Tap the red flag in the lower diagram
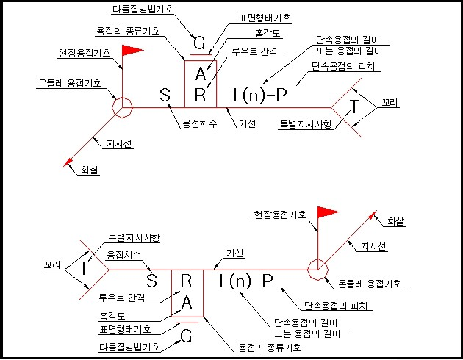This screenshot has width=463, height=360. (x=326, y=213)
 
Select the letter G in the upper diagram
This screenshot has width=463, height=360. (x=198, y=43)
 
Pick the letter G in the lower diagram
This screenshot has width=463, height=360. (x=186, y=337)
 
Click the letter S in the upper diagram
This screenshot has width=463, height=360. (x=165, y=95)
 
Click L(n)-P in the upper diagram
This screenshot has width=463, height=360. (x=260, y=95)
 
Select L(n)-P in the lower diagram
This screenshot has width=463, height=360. (x=246, y=281)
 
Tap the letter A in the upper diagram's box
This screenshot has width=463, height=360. (x=201, y=74)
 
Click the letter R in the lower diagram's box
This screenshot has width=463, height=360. (x=186, y=280)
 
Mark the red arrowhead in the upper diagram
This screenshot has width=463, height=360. (x=69, y=161)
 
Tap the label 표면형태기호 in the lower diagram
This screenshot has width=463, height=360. (x=125, y=328)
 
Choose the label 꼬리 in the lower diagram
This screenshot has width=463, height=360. (x=50, y=262)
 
